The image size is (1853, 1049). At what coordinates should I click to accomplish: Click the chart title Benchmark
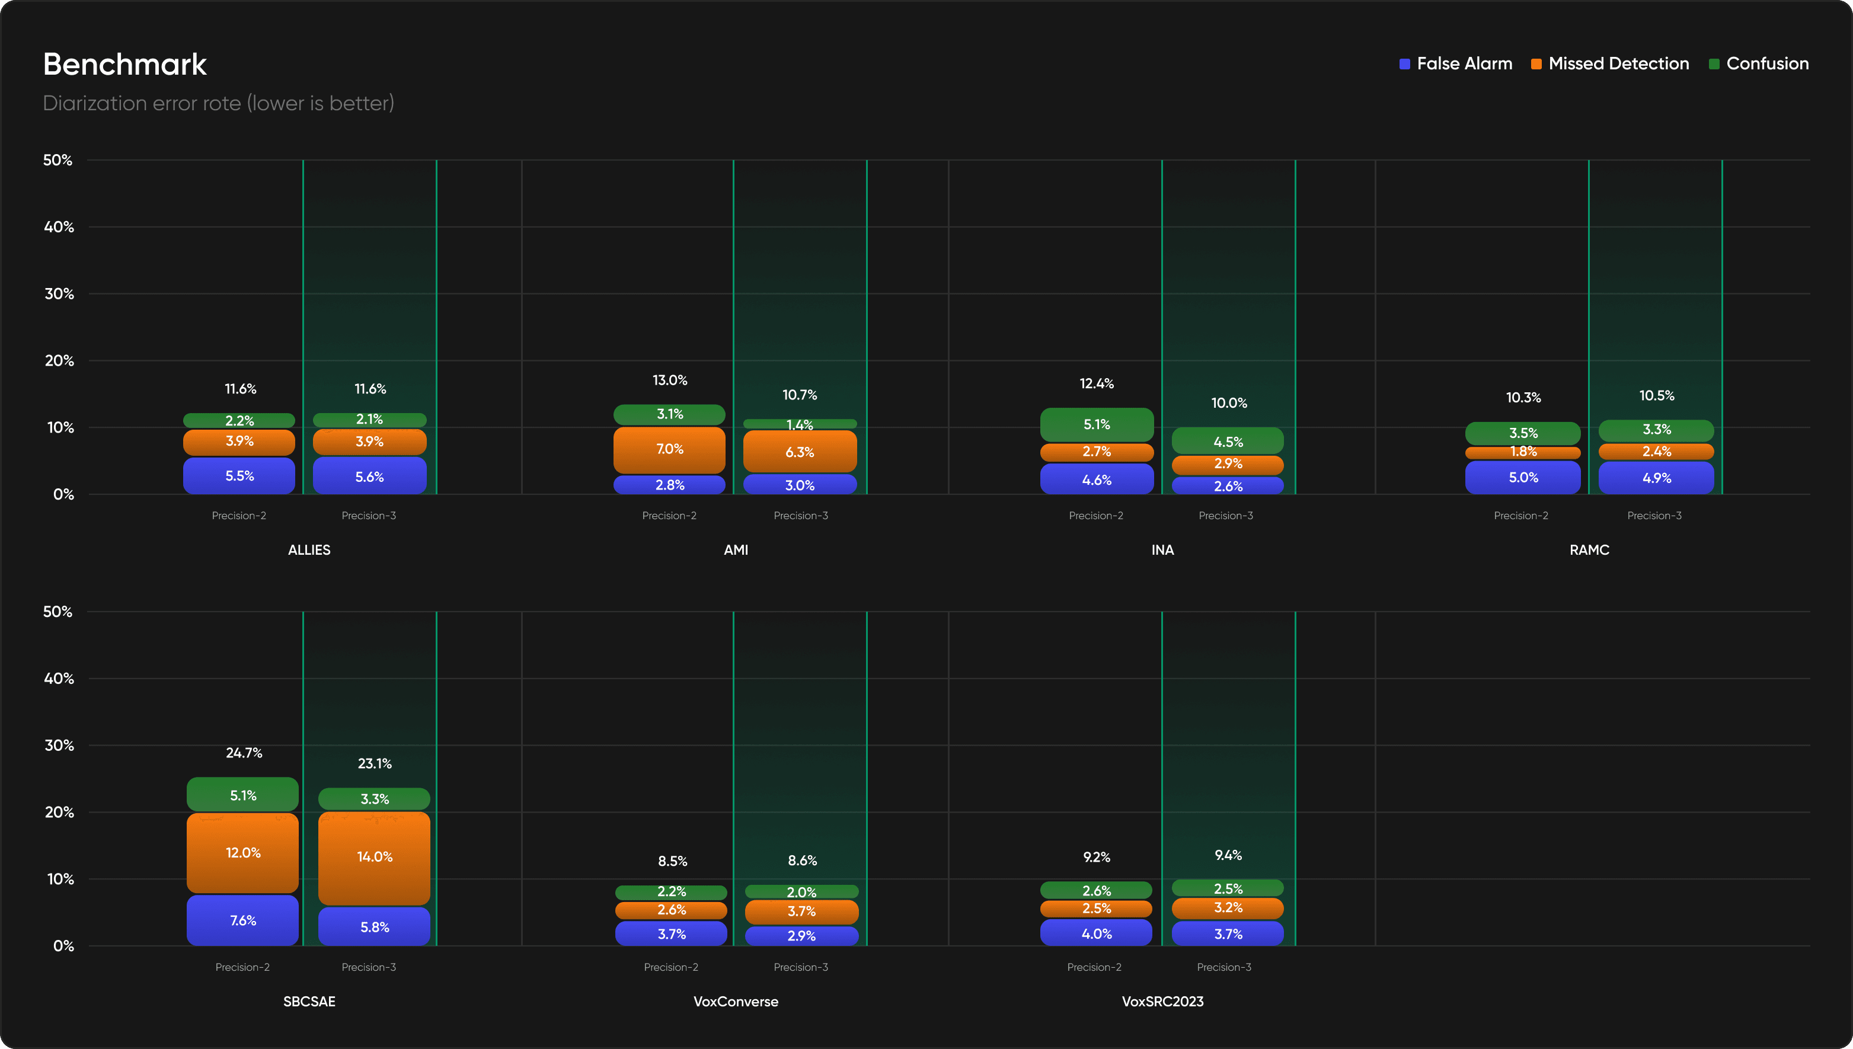[124, 64]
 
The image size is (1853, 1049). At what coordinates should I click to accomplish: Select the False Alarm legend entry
[1455, 63]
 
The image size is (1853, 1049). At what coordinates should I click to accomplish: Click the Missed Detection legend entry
[1609, 63]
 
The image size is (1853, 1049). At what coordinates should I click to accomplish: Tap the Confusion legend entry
[1759, 63]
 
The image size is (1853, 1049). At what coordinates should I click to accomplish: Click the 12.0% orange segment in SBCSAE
[243, 853]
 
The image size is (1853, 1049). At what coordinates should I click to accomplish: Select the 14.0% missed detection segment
[375, 858]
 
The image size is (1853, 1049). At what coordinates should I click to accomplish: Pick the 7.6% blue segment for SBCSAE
[243, 920]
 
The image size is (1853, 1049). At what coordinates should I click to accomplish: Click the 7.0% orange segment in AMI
[669, 450]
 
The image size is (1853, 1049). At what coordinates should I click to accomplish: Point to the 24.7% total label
[244, 753]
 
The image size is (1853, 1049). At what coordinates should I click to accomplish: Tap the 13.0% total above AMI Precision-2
[670, 380]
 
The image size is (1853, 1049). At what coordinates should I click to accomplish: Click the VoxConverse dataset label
[736, 1002]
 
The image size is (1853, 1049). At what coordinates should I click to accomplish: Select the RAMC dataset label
[1589, 550]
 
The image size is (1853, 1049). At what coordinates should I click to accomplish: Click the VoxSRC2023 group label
[1163, 1002]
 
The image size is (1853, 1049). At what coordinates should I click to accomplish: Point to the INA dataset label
[1163, 550]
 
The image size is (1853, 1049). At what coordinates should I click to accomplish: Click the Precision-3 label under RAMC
[1654, 516]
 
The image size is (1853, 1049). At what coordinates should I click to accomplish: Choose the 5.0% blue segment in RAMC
[1523, 478]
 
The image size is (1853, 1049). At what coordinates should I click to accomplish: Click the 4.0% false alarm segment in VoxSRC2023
[1097, 933]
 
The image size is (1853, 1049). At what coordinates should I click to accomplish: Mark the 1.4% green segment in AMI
[800, 424]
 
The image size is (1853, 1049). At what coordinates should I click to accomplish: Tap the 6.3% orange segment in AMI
[800, 452]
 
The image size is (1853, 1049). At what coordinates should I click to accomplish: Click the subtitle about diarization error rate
[218, 103]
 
